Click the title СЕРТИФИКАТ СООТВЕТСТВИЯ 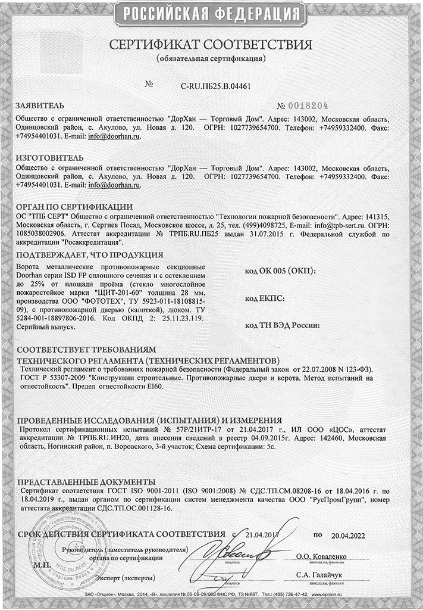(211, 45)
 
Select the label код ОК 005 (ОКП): (280, 270)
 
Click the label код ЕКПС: (264, 297)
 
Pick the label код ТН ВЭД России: (283, 325)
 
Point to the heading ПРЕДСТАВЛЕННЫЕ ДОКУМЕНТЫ (86, 481)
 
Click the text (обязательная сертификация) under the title (211, 60)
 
